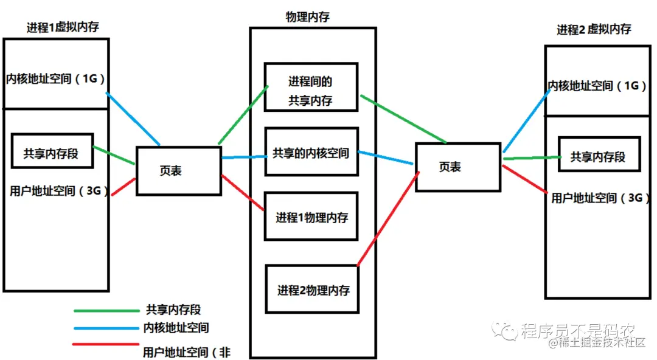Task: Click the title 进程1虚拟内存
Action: (x=63, y=28)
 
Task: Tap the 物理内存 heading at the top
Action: (x=308, y=17)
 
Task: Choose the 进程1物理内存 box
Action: (x=311, y=217)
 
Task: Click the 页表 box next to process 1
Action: (x=178, y=171)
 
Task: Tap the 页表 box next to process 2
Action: (x=457, y=167)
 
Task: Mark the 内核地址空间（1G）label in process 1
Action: (x=56, y=78)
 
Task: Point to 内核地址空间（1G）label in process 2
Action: (x=598, y=86)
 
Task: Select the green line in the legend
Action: (x=106, y=311)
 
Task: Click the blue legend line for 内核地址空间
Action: (x=106, y=329)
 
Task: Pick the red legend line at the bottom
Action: (x=106, y=345)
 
